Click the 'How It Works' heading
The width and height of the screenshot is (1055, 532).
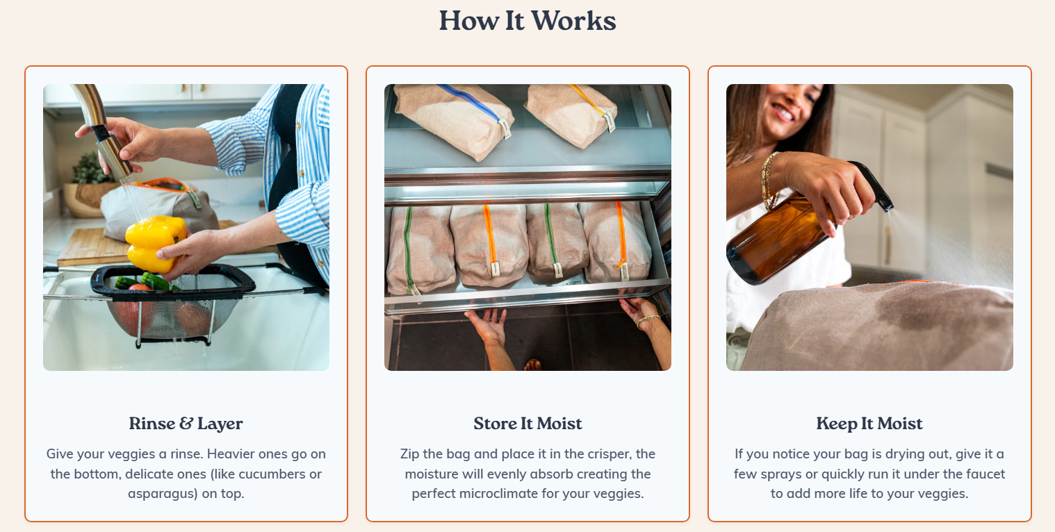point(527,22)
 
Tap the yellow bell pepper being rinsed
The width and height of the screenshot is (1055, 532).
point(156,242)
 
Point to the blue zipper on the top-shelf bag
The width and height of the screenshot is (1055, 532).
point(468,101)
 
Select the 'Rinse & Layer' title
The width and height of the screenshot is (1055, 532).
point(186,424)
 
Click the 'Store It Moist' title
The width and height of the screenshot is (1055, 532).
point(527,424)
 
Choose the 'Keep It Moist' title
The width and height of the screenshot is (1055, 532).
point(869,424)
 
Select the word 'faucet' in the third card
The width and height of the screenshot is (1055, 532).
point(984,474)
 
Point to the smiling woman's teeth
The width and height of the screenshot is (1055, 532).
point(782,114)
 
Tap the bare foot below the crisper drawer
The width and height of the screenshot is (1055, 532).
point(532,365)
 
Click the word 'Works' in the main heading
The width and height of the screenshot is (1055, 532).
point(573,22)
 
